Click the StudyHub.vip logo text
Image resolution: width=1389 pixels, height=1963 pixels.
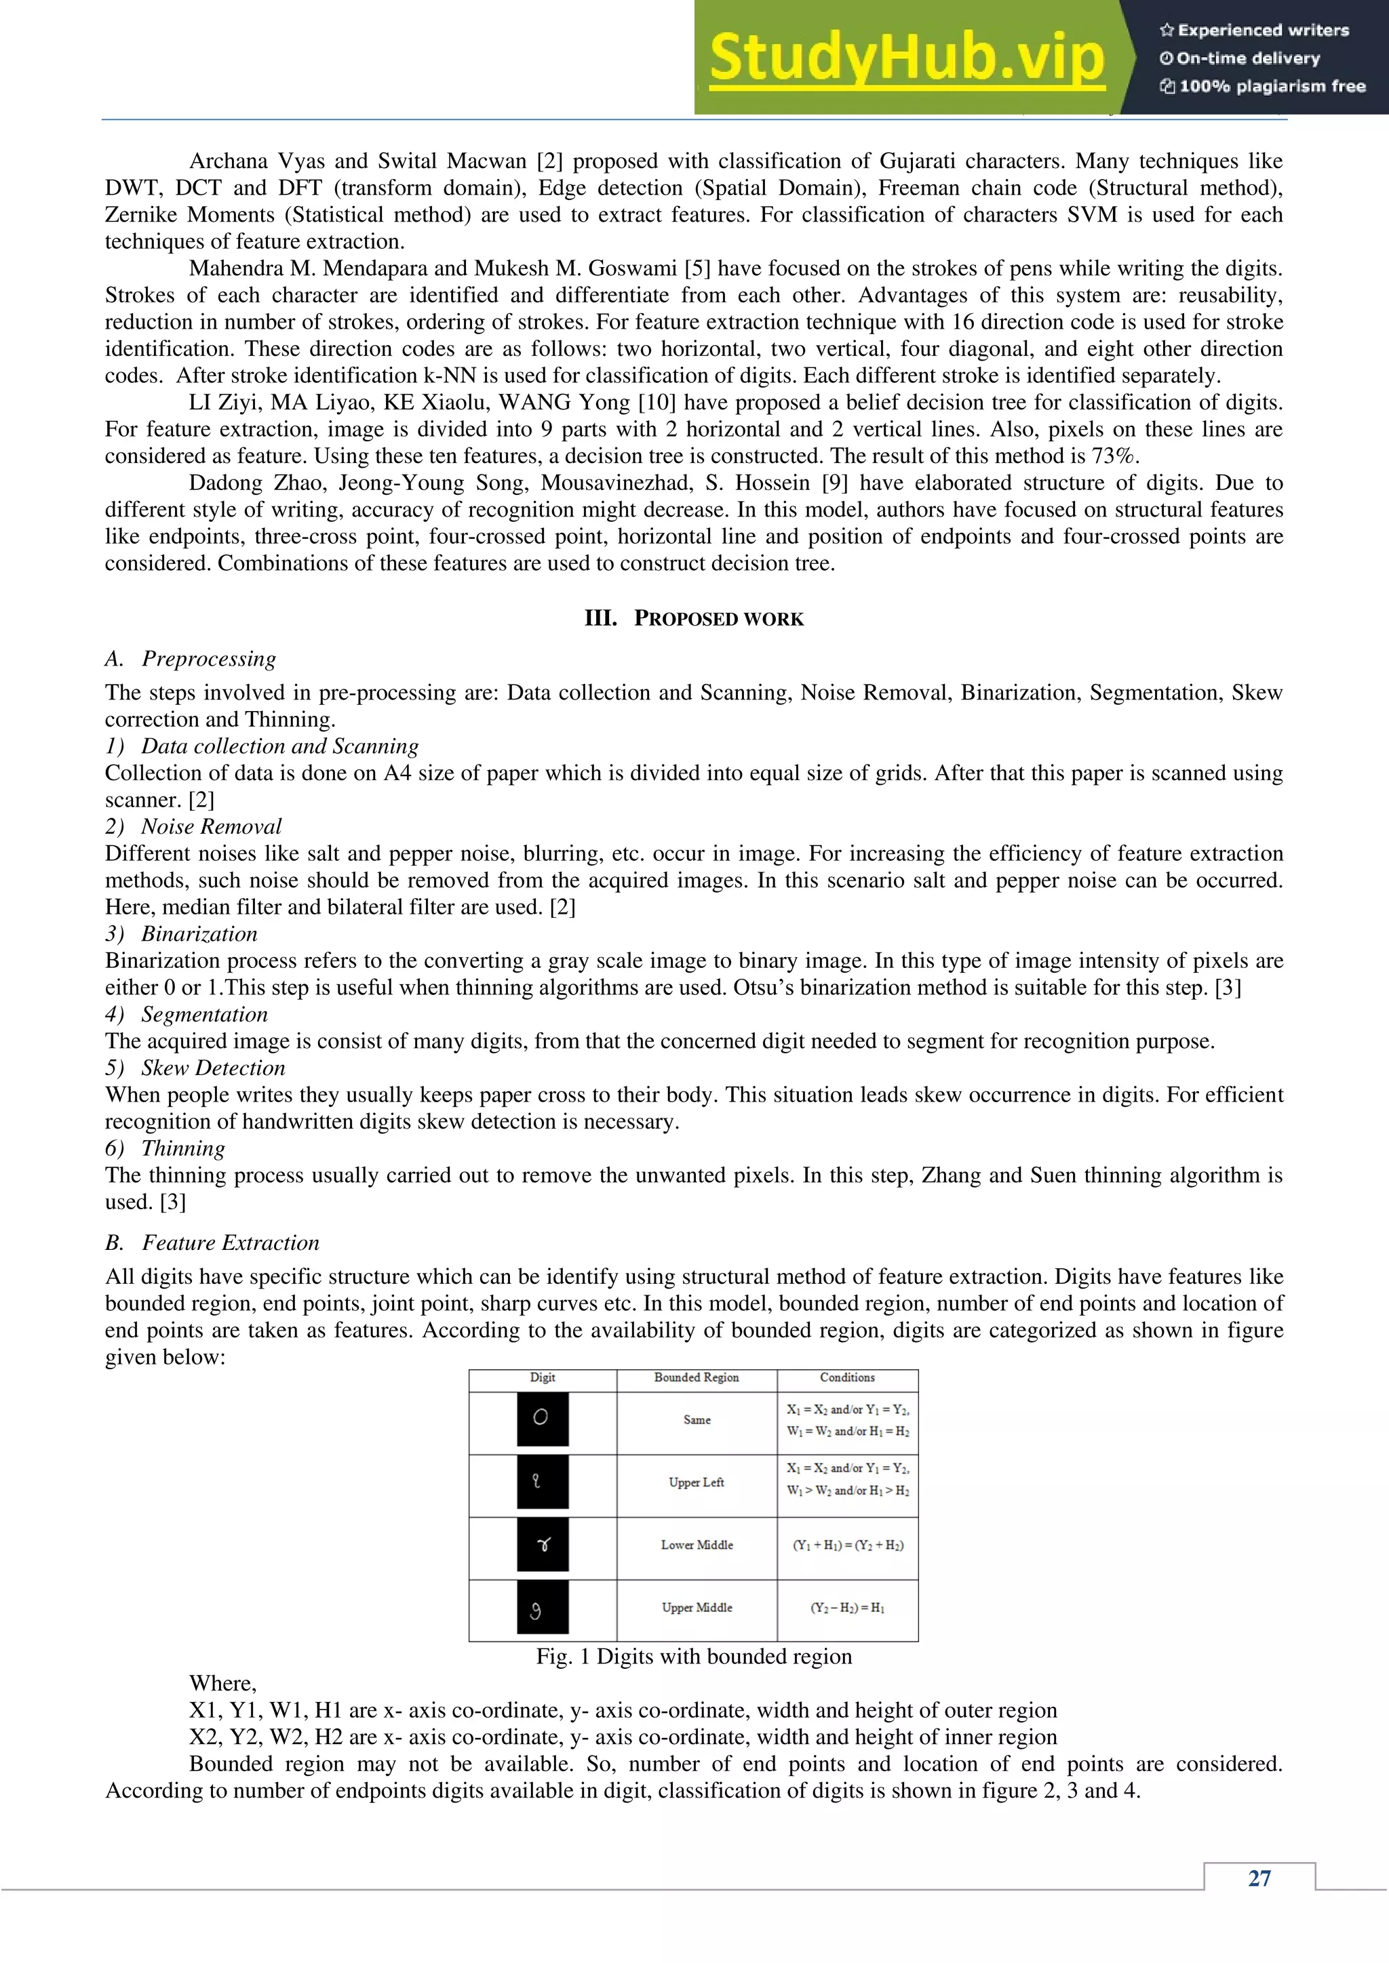(x=907, y=58)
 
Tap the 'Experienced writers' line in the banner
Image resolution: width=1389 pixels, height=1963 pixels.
(x=1254, y=30)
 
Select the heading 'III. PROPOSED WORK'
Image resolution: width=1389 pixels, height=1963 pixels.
(x=694, y=618)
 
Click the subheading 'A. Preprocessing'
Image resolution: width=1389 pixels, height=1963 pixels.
(x=191, y=658)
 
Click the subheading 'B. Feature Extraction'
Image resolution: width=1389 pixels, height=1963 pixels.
(x=212, y=1242)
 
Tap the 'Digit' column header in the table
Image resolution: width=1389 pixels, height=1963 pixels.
(x=543, y=1377)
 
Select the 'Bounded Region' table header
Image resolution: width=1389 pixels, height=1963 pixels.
(x=697, y=1377)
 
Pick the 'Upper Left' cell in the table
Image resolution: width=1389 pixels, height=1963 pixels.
(x=697, y=1482)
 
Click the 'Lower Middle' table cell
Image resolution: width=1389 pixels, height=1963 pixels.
(x=697, y=1545)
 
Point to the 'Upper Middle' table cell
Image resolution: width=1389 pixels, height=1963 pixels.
(x=697, y=1607)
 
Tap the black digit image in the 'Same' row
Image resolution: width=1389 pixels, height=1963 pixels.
(x=543, y=1419)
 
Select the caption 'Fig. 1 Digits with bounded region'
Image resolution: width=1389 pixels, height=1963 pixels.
(x=694, y=1656)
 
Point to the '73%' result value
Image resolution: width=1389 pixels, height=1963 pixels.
(x=1114, y=456)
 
